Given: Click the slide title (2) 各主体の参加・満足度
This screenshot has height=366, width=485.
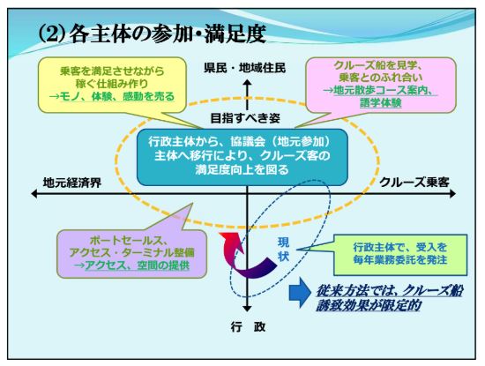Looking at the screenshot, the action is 152,34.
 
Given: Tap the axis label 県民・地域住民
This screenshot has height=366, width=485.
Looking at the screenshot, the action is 244,68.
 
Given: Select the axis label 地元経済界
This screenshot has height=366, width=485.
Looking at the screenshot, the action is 72,183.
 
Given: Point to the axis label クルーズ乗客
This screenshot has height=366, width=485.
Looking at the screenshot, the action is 414,183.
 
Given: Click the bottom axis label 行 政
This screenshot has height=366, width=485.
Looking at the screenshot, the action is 248,327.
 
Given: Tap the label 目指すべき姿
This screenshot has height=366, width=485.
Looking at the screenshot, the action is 245,118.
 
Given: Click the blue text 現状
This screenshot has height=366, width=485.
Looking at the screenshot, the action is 283,250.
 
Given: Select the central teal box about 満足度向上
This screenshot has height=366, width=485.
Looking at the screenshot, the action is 242,157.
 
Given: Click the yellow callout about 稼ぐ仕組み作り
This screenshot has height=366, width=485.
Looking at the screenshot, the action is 112,85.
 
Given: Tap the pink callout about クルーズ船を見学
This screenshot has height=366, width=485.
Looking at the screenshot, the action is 381,85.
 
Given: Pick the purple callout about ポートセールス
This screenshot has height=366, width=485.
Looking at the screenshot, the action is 131,254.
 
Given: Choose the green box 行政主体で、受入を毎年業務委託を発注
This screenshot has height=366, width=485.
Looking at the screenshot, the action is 400,255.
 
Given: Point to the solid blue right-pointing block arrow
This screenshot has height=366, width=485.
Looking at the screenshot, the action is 300,293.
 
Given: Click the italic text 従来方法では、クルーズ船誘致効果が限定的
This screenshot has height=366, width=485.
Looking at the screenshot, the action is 389,298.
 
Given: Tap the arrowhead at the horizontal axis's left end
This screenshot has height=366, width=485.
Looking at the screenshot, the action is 34,194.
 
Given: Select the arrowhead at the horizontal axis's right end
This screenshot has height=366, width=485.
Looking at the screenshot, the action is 452,194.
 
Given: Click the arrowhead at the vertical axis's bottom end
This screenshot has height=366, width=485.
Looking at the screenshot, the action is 247,309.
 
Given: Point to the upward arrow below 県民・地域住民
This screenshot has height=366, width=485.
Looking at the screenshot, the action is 247,94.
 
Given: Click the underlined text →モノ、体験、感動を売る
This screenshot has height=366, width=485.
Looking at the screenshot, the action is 112,96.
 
